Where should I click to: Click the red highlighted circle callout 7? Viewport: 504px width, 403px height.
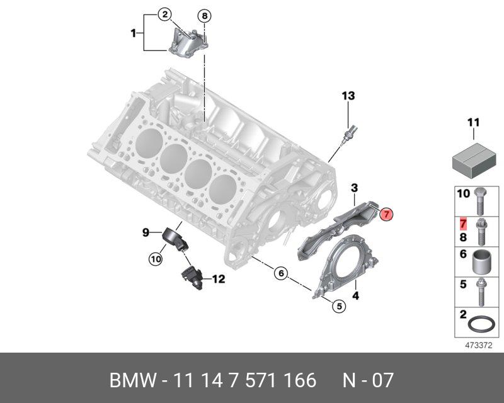click(387, 214)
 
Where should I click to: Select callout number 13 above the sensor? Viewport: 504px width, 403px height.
click(348, 96)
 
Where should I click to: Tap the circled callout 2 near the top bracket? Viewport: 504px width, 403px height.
click(164, 14)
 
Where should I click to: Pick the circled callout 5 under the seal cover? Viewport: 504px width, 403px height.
click(339, 306)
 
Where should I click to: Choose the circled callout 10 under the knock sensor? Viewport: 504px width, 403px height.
click(155, 258)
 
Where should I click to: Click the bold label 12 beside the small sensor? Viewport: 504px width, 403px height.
click(218, 279)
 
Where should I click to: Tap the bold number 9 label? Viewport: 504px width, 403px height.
click(145, 233)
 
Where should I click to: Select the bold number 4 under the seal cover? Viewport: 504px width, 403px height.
click(355, 295)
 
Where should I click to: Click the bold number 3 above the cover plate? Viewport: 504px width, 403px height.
click(355, 188)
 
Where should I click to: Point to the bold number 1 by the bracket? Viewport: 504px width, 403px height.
click(134, 32)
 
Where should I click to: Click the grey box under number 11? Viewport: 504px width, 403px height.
click(473, 156)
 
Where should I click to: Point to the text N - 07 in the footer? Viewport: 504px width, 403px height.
click(368, 380)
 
